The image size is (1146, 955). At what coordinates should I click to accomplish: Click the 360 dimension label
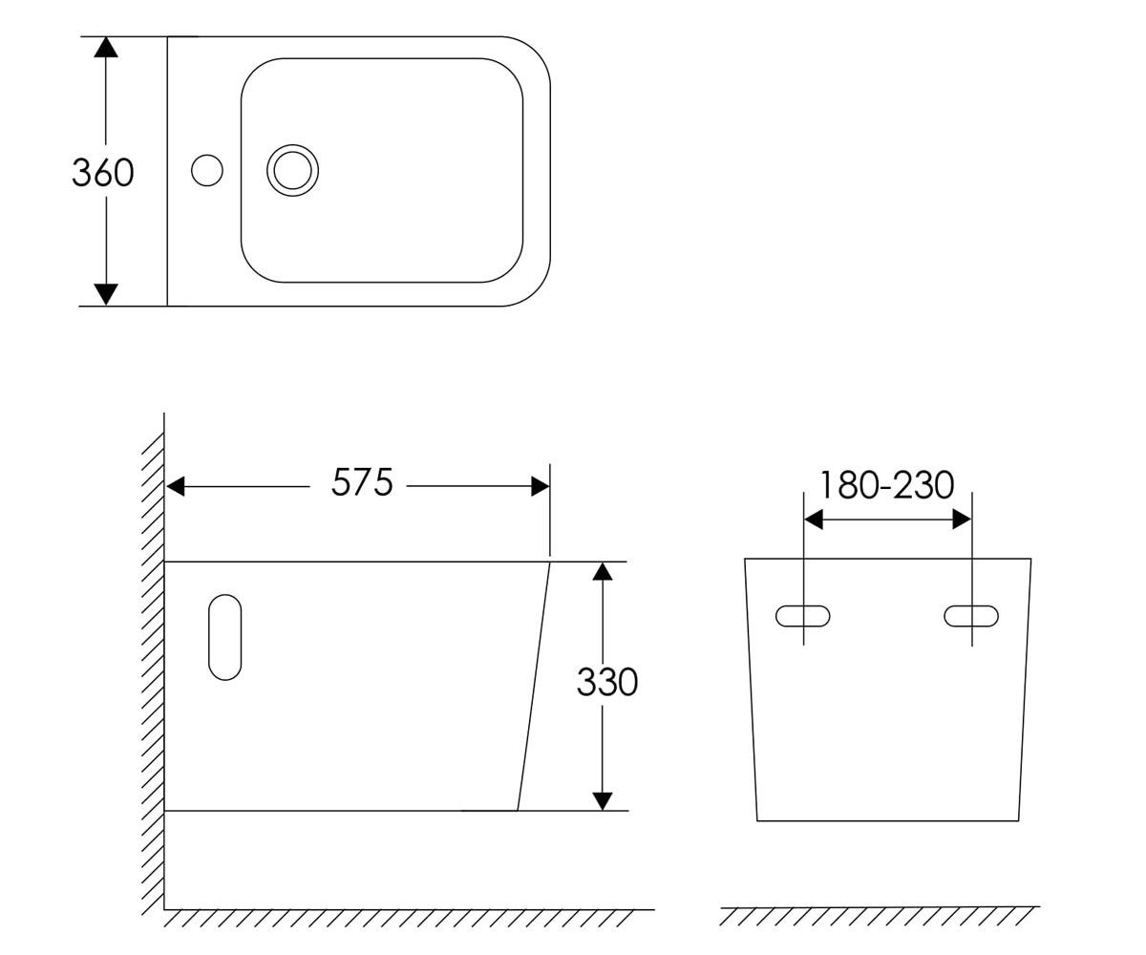(x=102, y=172)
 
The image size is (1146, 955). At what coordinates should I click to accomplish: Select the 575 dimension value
(x=362, y=482)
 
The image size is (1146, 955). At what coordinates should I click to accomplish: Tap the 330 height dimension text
(x=607, y=682)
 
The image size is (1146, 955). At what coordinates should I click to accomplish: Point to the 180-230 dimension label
(x=886, y=485)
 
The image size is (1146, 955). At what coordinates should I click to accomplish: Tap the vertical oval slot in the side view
(x=209, y=637)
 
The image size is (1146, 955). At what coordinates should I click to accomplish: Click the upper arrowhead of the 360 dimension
(x=105, y=47)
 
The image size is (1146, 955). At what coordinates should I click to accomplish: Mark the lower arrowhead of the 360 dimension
(x=106, y=294)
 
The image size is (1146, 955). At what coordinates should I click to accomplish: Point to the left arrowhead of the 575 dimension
(x=175, y=486)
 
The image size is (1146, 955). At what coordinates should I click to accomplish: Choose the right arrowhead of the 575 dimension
(x=541, y=486)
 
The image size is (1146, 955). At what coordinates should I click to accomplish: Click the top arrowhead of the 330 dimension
(x=603, y=571)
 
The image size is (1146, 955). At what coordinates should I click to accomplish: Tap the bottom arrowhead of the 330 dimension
(x=603, y=801)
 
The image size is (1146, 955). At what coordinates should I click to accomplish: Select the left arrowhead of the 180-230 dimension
(x=814, y=520)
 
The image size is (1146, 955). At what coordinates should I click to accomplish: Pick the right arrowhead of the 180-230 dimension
(x=962, y=520)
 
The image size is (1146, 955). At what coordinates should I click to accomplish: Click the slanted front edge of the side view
(x=534, y=686)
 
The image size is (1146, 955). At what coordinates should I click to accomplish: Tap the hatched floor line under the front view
(x=880, y=917)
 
